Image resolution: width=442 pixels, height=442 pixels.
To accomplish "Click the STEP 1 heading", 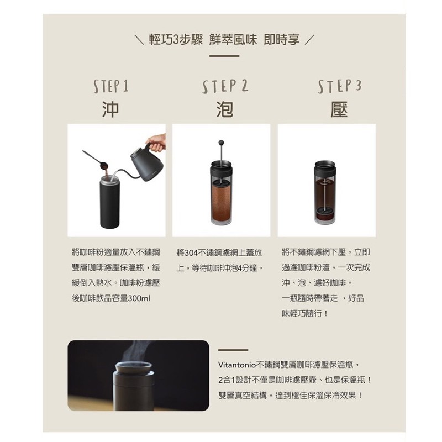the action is pyautogui.click(x=111, y=86).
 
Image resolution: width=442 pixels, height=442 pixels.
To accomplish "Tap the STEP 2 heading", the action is pyautogui.click(x=225, y=86).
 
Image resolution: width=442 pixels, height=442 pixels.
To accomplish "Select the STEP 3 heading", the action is pyautogui.click(x=340, y=86).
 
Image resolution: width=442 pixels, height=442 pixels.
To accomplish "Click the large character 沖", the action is pyautogui.click(x=110, y=109).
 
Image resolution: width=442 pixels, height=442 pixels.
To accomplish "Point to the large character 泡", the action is pyautogui.click(x=225, y=109).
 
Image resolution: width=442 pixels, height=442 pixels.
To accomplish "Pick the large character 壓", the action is pyautogui.click(x=339, y=109).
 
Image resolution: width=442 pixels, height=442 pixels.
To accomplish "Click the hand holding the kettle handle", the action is pyautogui.click(x=156, y=143).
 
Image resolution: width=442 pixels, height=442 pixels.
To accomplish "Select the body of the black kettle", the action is pyautogui.click(x=146, y=165).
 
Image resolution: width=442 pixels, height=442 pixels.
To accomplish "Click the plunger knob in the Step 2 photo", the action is pyautogui.click(x=221, y=143).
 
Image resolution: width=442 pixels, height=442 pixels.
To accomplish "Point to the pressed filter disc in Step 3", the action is pyautogui.click(x=325, y=211).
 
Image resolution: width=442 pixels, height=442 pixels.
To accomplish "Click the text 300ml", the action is pyautogui.click(x=139, y=298).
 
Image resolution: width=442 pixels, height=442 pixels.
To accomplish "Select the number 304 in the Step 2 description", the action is pyautogui.click(x=192, y=253).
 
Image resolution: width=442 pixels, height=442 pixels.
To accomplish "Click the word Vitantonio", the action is pyautogui.click(x=237, y=365).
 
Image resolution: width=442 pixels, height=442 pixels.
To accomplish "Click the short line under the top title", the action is pyautogui.click(x=224, y=56).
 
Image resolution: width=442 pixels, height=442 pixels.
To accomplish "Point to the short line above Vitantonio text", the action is pyautogui.click(x=233, y=350).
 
